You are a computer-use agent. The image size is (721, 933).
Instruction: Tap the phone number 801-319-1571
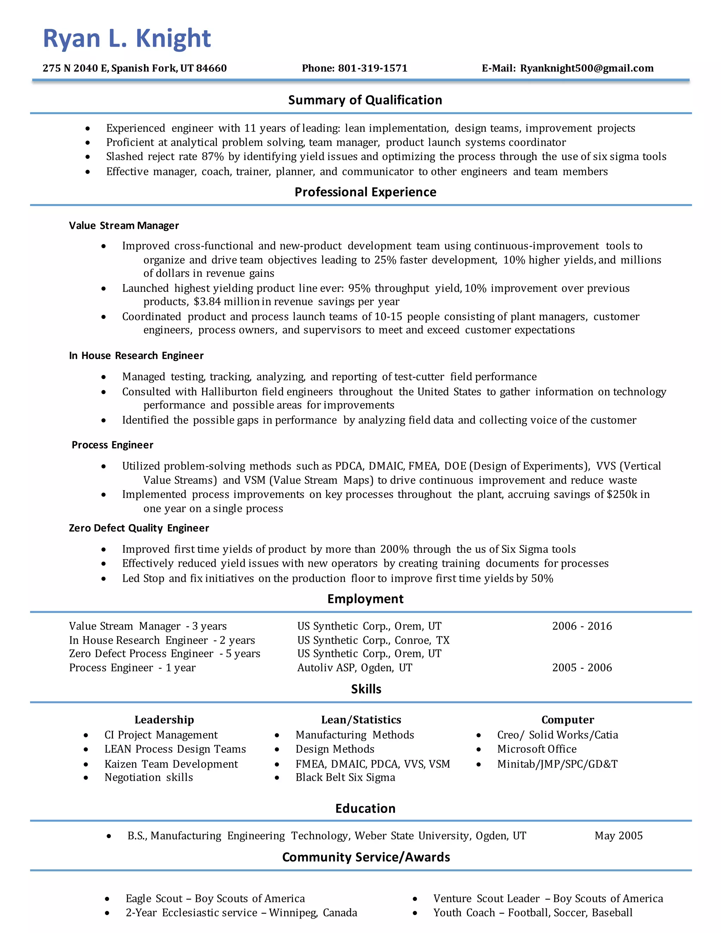click(372, 68)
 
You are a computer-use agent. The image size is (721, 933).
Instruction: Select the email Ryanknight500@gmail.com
click(587, 68)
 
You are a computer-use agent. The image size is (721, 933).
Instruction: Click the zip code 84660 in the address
click(212, 68)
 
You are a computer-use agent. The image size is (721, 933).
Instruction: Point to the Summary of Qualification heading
click(365, 100)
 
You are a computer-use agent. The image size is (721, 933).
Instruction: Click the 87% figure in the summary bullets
click(213, 157)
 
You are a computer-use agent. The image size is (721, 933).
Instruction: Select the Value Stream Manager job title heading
click(124, 226)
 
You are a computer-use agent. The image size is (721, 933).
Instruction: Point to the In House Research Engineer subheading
click(136, 356)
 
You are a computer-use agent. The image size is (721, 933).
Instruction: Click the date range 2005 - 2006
click(582, 668)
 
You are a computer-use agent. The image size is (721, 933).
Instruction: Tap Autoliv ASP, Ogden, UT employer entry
click(355, 668)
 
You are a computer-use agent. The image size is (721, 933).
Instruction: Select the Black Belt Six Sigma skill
click(345, 777)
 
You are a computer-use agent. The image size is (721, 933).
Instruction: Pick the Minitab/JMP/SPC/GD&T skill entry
click(557, 764)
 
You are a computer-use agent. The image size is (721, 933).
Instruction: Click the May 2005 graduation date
click(618, 835)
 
